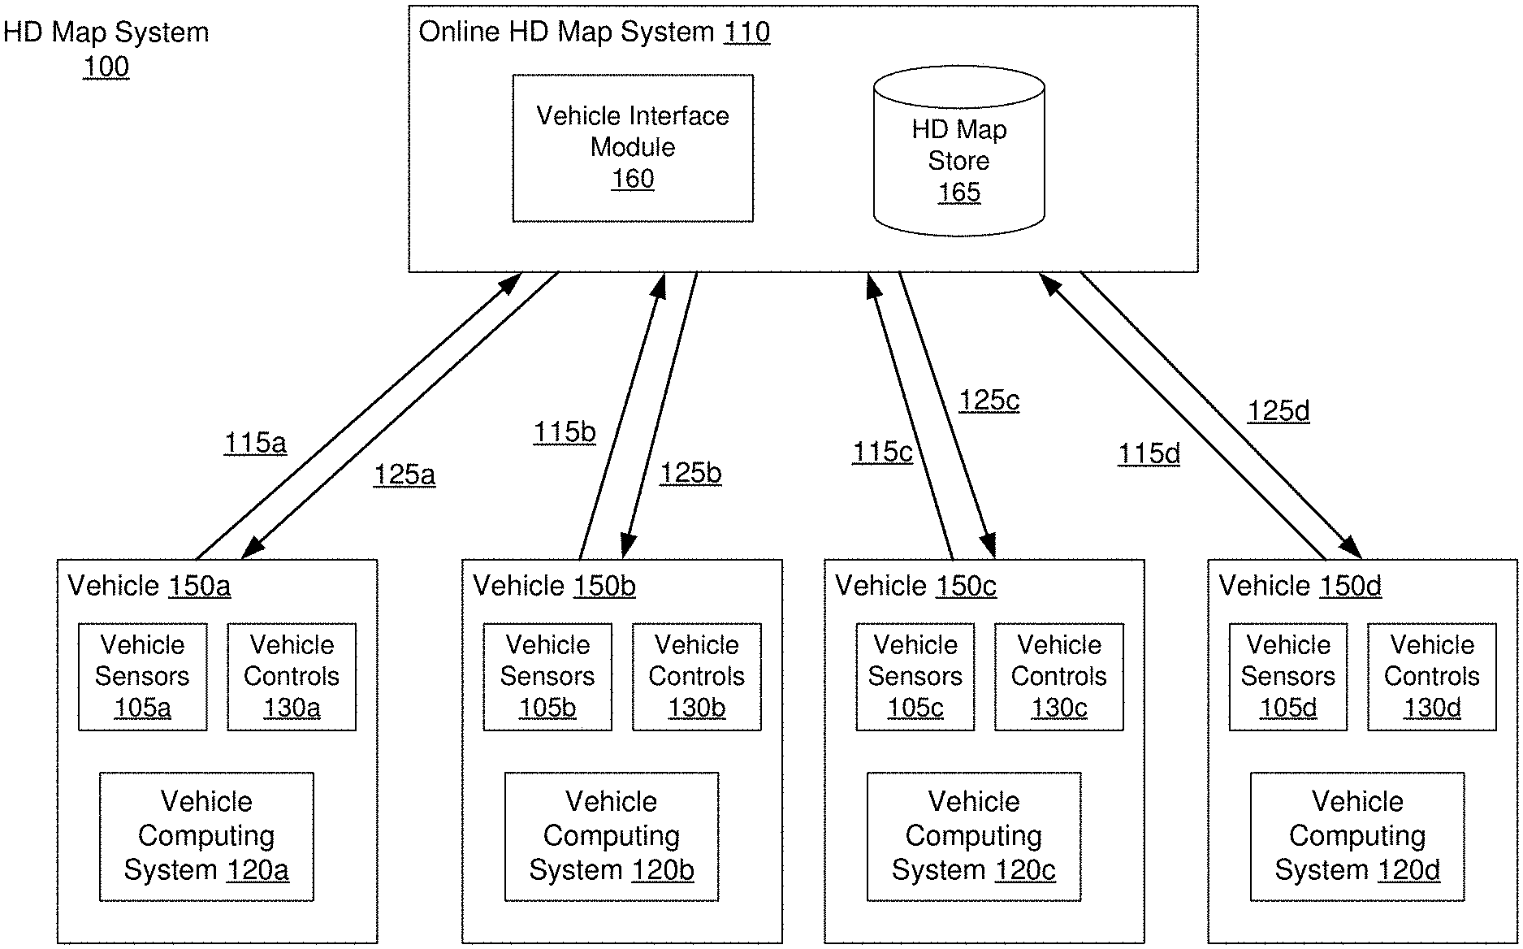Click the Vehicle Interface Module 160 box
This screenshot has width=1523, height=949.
633,148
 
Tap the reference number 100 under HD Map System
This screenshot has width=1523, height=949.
106,67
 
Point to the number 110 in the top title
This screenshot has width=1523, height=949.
746,32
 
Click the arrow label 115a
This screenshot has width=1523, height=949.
255,444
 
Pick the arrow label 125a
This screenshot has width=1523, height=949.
405,474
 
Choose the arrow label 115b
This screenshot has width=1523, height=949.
565,432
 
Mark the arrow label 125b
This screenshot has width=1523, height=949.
690,473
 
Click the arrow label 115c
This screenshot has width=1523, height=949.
882,453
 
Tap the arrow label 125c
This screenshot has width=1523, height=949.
989,401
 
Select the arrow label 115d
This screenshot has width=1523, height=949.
1149,453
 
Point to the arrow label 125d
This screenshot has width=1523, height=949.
1279,411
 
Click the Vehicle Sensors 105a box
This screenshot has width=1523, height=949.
142,676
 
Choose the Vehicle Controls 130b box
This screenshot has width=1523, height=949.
696,676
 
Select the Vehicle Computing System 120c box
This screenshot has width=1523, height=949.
973,836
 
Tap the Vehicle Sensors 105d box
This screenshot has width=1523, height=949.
1287,676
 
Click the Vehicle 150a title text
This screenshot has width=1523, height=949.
149,586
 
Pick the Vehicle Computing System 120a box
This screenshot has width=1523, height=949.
206,836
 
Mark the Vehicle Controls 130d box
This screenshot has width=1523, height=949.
1431,676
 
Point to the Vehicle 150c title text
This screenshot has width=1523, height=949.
915,586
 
